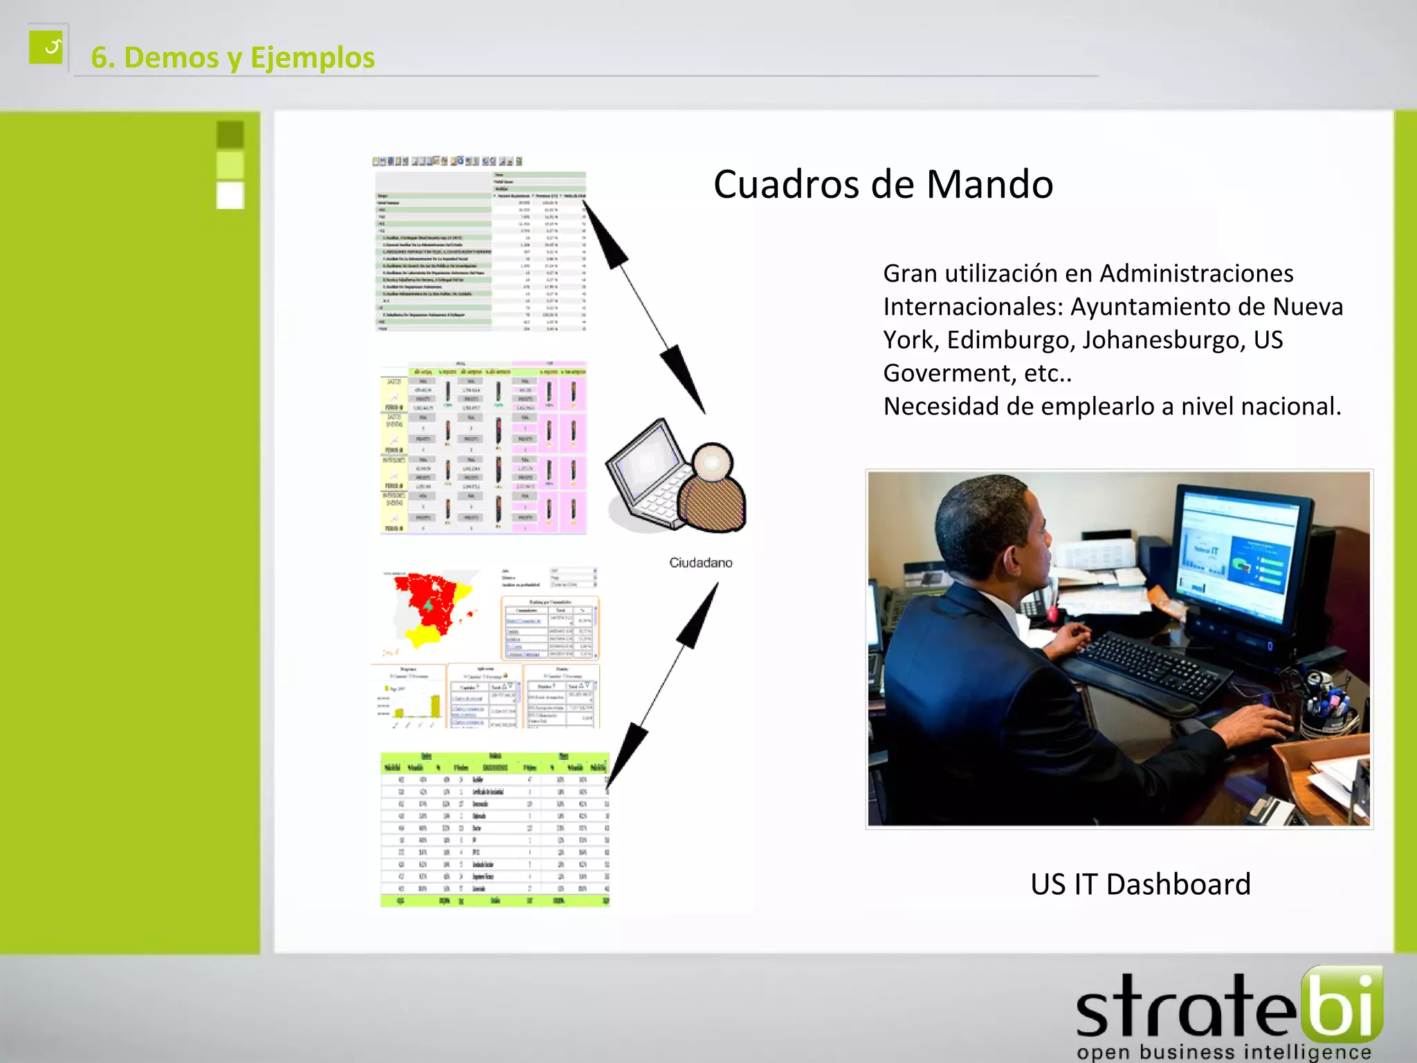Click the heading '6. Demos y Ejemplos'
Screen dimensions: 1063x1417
[232, 57]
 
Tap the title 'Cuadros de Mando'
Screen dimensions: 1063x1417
[883, 184]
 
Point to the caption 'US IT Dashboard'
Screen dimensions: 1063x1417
[1140, 884]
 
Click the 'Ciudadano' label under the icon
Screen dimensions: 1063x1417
[700, 563]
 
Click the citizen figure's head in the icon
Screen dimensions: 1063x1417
[711, 462]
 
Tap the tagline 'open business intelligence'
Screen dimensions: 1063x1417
[1223, 1052]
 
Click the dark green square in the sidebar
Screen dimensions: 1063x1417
[230, 134]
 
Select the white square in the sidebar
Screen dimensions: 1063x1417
[230, 195]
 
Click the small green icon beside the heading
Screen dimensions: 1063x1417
[46, 47]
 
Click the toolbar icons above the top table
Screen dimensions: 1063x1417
[447, 161]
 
